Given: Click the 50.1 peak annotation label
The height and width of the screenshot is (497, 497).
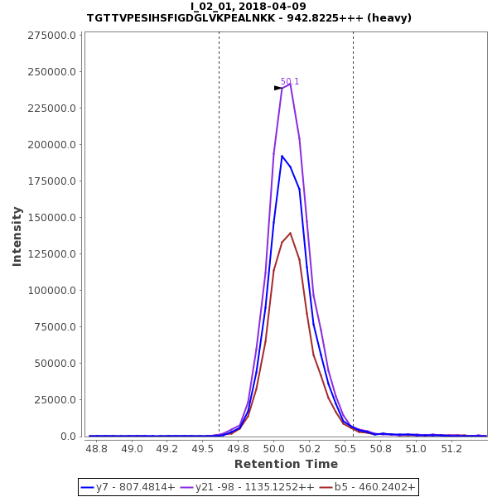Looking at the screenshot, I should (x=290, y=82).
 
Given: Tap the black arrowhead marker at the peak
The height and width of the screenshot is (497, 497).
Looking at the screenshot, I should (x=278, y=88).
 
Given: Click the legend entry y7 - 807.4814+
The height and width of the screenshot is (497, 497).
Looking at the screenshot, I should (x=128, y=487).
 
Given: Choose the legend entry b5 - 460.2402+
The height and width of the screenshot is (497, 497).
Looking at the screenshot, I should (x=368, y=487).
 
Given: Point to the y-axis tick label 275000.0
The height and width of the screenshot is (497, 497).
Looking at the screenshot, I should (x=51, y=36).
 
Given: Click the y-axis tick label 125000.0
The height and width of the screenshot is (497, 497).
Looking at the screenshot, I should (x=51, y=254).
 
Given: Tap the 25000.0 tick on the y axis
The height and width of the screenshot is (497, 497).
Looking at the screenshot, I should (x=55, y=400).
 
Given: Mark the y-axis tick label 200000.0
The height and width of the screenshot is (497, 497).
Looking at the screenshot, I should (x=51, y=145).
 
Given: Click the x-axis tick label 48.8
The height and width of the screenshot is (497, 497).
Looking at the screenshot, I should (x=97, y=449).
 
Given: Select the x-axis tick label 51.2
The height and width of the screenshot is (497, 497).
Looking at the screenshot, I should (x=451, y=449).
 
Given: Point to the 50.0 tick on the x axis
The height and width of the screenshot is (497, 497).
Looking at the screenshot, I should (x=274, y=449).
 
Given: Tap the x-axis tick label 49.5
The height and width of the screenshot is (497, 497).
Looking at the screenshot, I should (x=203, y=449).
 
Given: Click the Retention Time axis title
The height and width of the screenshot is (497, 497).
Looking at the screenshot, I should (x=286, y=464).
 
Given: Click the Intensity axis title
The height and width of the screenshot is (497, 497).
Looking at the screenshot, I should (x=17, y=236).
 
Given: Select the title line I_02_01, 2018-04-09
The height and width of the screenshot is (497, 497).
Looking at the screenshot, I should (x=248, y=7).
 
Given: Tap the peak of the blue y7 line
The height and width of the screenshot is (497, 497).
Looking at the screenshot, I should (x=282, y=156).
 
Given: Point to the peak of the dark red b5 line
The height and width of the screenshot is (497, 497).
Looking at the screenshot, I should (x=291, y=233).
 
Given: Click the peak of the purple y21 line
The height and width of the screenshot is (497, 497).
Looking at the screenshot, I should (x=291, y=84).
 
